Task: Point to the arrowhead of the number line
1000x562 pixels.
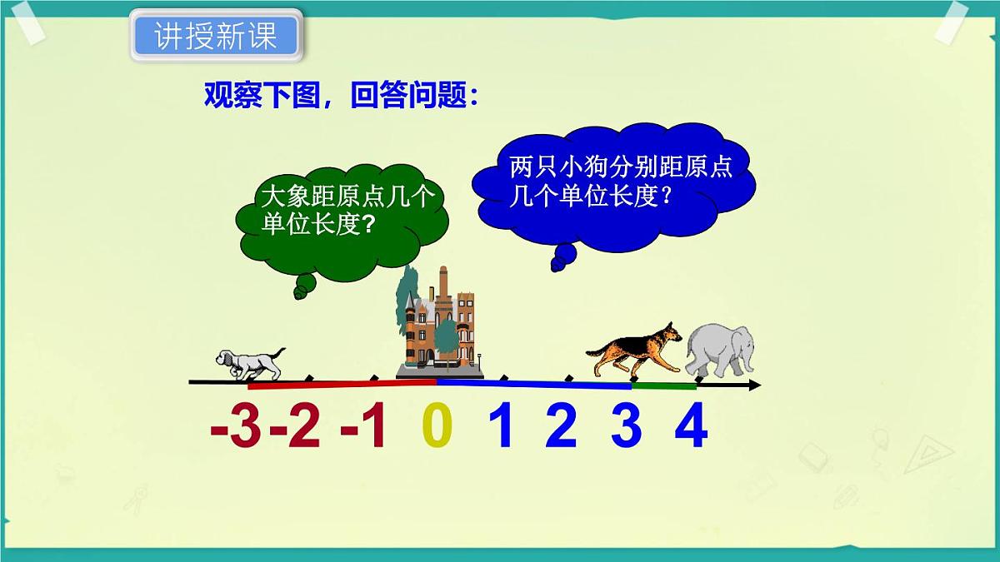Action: pos(753,385)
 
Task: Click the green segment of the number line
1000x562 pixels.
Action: pos(664,386)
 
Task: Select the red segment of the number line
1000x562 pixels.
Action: pos(342,384)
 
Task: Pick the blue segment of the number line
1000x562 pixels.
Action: pos(533,385)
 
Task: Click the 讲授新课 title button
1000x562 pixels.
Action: pos(215,35)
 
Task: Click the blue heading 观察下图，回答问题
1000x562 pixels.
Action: pos(342,96)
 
